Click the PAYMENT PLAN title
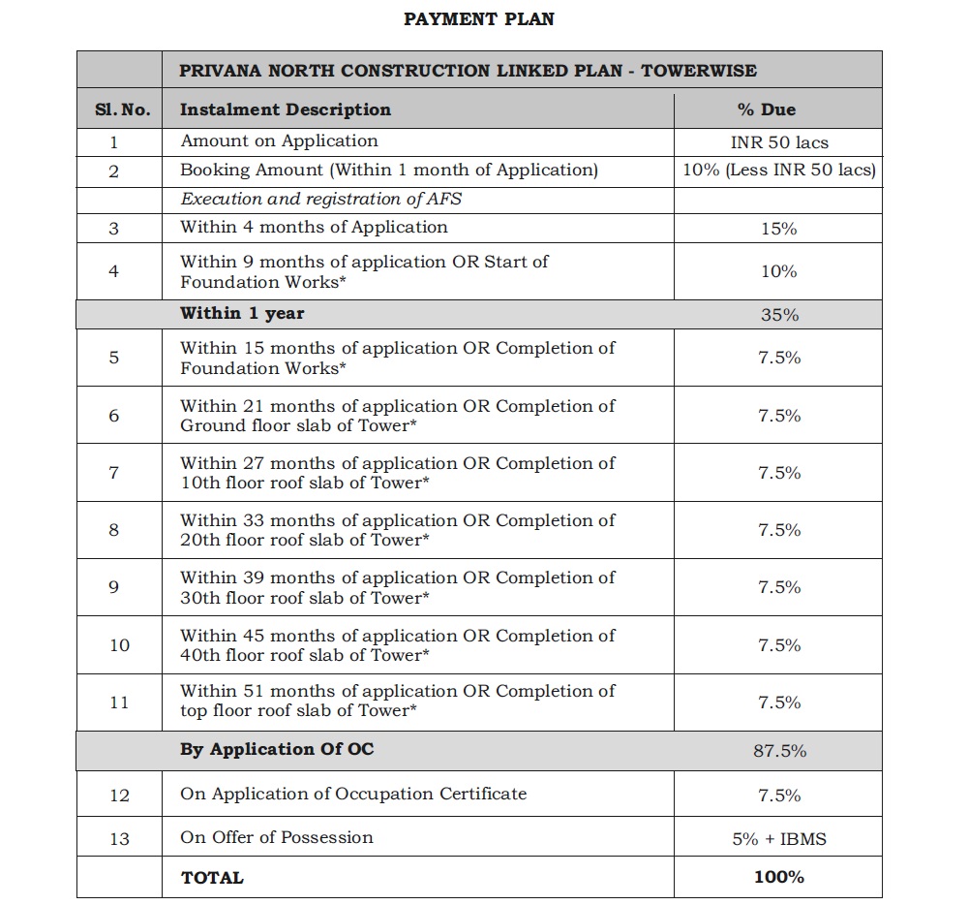(479, 19)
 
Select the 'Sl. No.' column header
(122, 109)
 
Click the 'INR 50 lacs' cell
(778, 142)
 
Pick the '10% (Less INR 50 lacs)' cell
(778, 171)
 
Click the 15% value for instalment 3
(778, 229)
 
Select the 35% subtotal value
(778, 315)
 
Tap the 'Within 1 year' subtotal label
(242, 313)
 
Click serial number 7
(114, 473)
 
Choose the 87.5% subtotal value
(778, 751)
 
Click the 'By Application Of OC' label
(277, 749)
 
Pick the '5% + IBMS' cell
(778, 839)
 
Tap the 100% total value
(778, 877)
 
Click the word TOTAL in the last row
(212, 878)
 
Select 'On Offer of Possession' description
(277, 837)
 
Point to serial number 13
(119, 839)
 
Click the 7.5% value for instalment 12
(778, 796)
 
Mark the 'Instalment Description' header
(286, 109)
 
